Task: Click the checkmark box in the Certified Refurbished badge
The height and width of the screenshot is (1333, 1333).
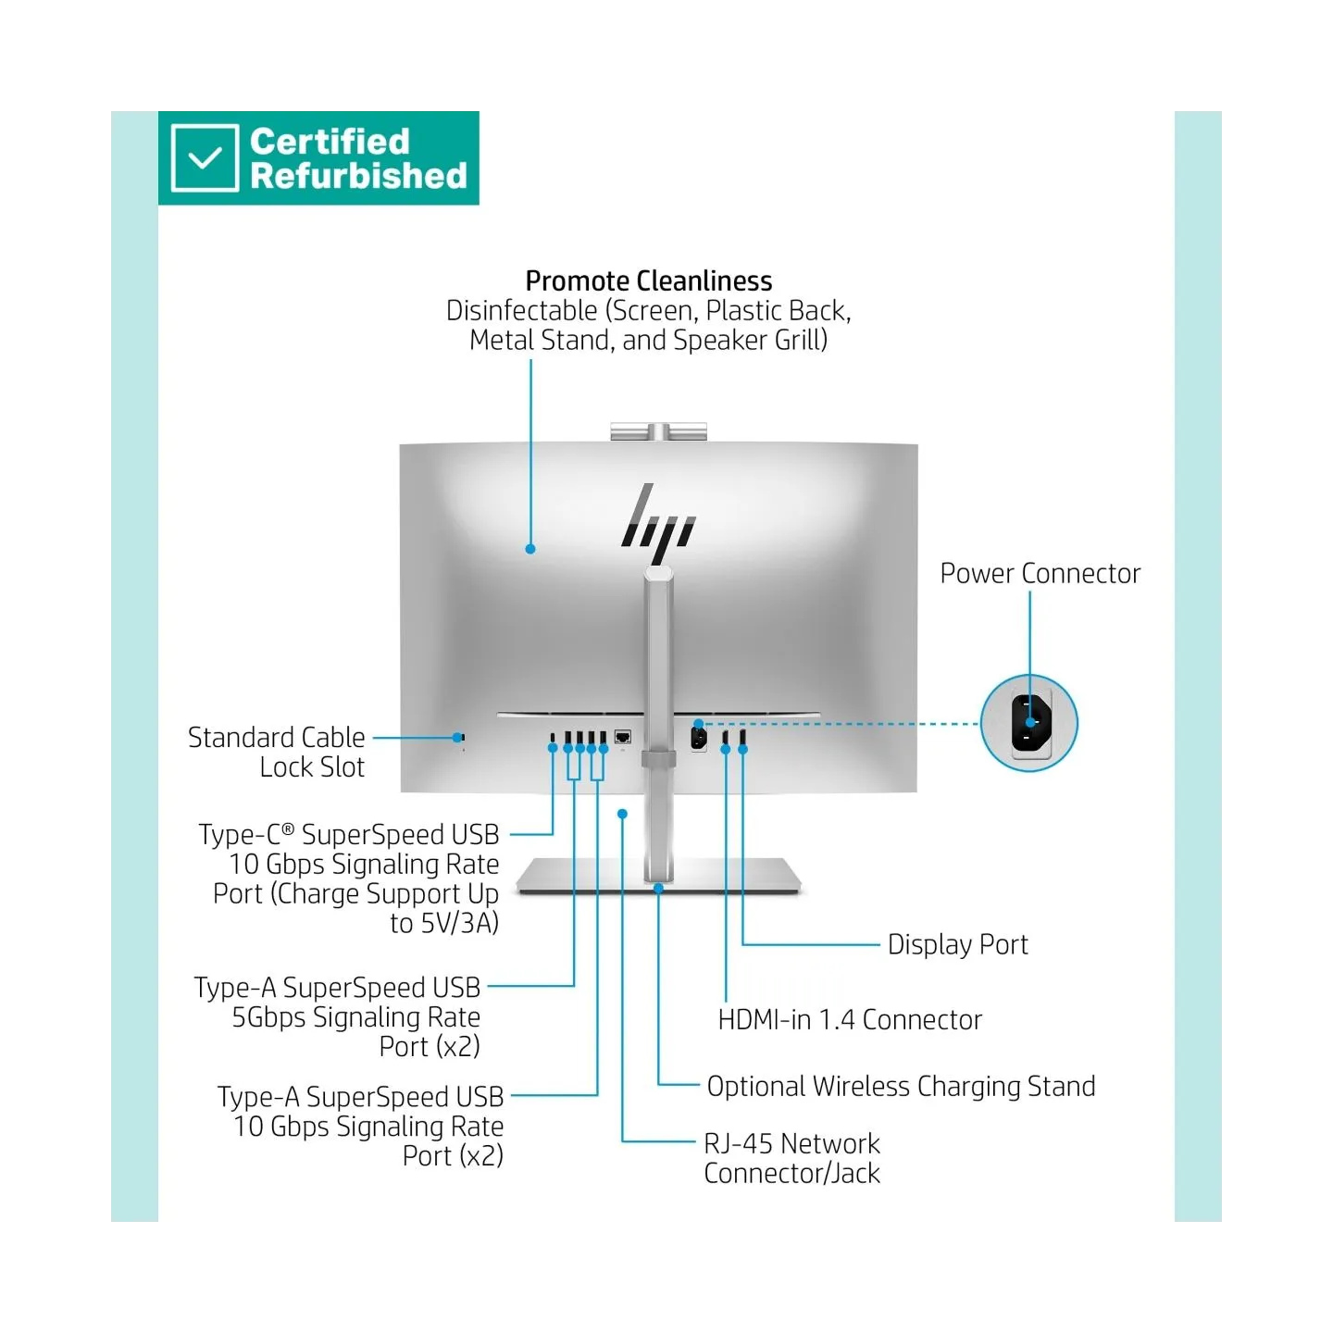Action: point(205,157)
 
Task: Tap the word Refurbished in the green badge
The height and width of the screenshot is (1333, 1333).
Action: point(358,175)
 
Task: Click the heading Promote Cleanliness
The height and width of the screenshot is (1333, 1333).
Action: point(648,280)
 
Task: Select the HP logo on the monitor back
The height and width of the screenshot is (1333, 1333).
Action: point(656,525)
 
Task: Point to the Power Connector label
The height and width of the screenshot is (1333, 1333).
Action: point(1040,573)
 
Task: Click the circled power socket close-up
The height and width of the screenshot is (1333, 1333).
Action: point(1028,723)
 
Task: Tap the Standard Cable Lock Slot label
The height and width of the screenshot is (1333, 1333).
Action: point(277,752)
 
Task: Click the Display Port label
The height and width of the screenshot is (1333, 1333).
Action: point(957,944)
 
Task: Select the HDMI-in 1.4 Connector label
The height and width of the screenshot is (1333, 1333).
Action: point(850,1019)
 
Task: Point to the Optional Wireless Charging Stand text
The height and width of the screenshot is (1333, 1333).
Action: point(901,1087)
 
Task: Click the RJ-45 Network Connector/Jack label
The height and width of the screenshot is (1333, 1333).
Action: point(791,1158)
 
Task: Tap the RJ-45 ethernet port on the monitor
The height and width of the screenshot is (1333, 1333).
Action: point(623,737)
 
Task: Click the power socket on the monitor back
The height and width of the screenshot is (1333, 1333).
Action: point(699,739)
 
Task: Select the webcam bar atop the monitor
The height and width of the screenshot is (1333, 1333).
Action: point(658,431)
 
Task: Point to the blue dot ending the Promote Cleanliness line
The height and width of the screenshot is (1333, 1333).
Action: point(530,549)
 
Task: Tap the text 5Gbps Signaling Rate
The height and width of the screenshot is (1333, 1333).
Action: point(355,1017)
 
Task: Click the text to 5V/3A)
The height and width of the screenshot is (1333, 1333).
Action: point(444,924)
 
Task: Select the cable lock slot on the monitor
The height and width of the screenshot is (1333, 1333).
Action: point(462,738)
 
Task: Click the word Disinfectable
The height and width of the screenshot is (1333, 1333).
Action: point(521,311)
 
